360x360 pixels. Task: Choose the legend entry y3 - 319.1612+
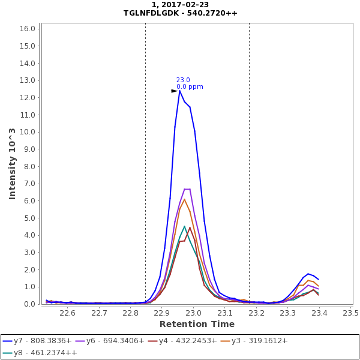coord(259,341)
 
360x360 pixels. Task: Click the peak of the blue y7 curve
coord(179,91)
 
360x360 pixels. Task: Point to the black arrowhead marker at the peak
coord(174,91)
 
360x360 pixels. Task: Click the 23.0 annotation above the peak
coord(183,80)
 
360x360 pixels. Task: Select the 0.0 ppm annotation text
coord(190,87)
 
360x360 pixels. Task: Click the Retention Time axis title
coord(196,324)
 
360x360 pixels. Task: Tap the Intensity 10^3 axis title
coord(12,163)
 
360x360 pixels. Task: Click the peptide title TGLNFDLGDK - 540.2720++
coord(180,13)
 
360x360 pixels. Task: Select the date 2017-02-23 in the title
coord(188,5)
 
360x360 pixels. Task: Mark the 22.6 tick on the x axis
coord(67,313)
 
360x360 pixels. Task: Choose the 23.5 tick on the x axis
coord(350,313)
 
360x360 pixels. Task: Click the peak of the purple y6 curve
coord(187,189)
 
